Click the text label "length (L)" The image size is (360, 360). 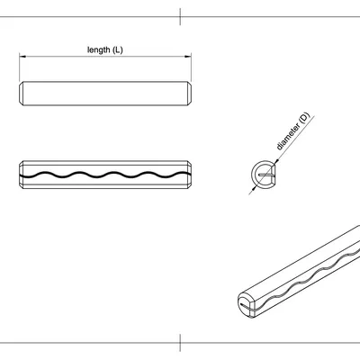105,49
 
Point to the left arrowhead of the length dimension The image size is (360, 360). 22,57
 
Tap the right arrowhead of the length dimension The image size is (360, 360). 189,57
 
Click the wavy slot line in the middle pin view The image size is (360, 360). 105,172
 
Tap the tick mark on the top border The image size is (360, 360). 180,15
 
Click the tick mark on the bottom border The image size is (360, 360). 180,343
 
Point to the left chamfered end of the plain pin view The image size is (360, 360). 22,93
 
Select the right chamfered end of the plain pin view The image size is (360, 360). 190,93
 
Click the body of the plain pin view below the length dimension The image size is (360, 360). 105,93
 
